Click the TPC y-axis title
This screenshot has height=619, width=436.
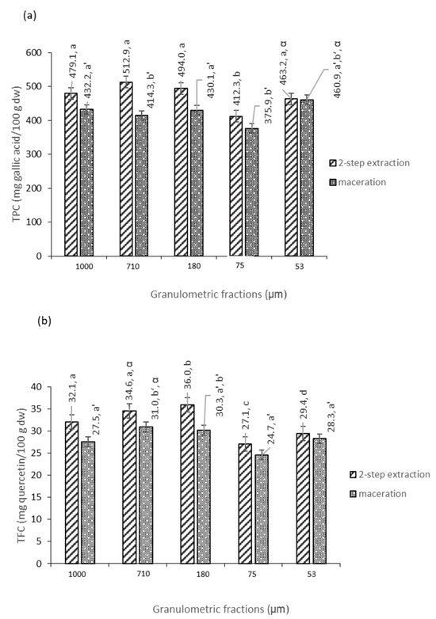[13, 155]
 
